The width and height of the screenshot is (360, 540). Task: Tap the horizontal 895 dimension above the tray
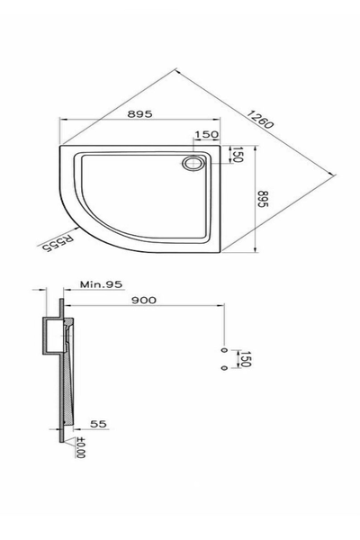pos(139,114)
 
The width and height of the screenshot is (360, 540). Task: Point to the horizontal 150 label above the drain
pos(207,135)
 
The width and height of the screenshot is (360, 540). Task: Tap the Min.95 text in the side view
pos(100,284)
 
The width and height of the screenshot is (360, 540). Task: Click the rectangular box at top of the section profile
pos(51,335)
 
